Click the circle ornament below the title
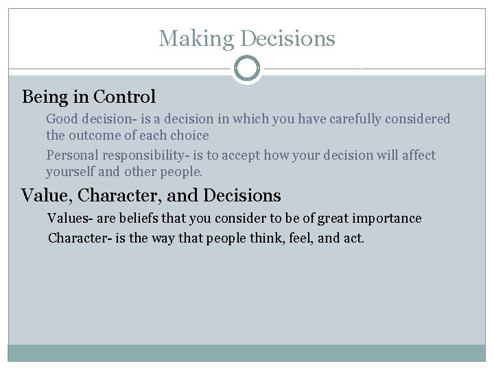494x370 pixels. pyautogui.click(x=247, y=69)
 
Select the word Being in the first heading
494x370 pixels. pyautogui.click(x=45, y=97)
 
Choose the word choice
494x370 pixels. pyautogui.click(x=190, y=135)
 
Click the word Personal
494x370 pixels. pyautogui.click(x=71, y=156)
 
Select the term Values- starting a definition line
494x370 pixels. pyautogui.click(x=69, y=219)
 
